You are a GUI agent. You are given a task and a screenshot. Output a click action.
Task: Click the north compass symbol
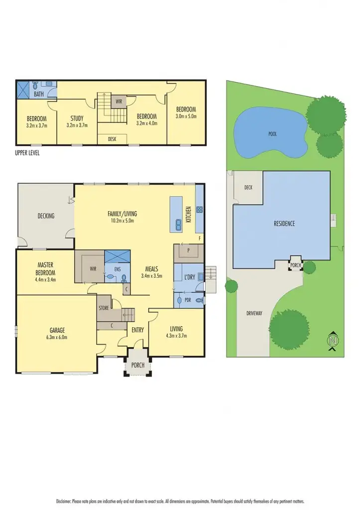coord(332,341)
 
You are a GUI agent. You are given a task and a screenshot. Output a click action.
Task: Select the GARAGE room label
coord(57,330)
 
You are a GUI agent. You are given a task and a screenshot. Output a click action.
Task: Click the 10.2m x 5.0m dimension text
coord(122,220)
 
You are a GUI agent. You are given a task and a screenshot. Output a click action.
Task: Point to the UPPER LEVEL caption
coord(27,153)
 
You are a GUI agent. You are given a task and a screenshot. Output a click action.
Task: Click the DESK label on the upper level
coord(112,139)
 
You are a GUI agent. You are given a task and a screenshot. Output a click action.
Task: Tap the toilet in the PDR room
coord(199,300)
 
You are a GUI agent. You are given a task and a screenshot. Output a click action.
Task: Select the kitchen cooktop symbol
coord(199,210)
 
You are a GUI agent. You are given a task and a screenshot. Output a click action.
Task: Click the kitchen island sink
coord(178,224)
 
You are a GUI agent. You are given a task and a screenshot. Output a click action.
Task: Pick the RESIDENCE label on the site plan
coord(284,224)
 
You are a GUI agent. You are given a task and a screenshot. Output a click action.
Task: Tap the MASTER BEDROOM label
coord(45,269)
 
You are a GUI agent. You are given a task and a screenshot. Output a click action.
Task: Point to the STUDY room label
coord(77,118)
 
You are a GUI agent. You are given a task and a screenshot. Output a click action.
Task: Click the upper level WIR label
coord(119,101)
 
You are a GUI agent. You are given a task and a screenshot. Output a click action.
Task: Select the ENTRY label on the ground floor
coord(137,330)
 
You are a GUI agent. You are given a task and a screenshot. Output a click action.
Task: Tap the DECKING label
coord(46,216)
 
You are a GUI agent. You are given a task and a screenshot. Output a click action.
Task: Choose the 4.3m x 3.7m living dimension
coord(176,336)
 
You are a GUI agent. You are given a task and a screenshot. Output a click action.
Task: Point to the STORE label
coord(104,308)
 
